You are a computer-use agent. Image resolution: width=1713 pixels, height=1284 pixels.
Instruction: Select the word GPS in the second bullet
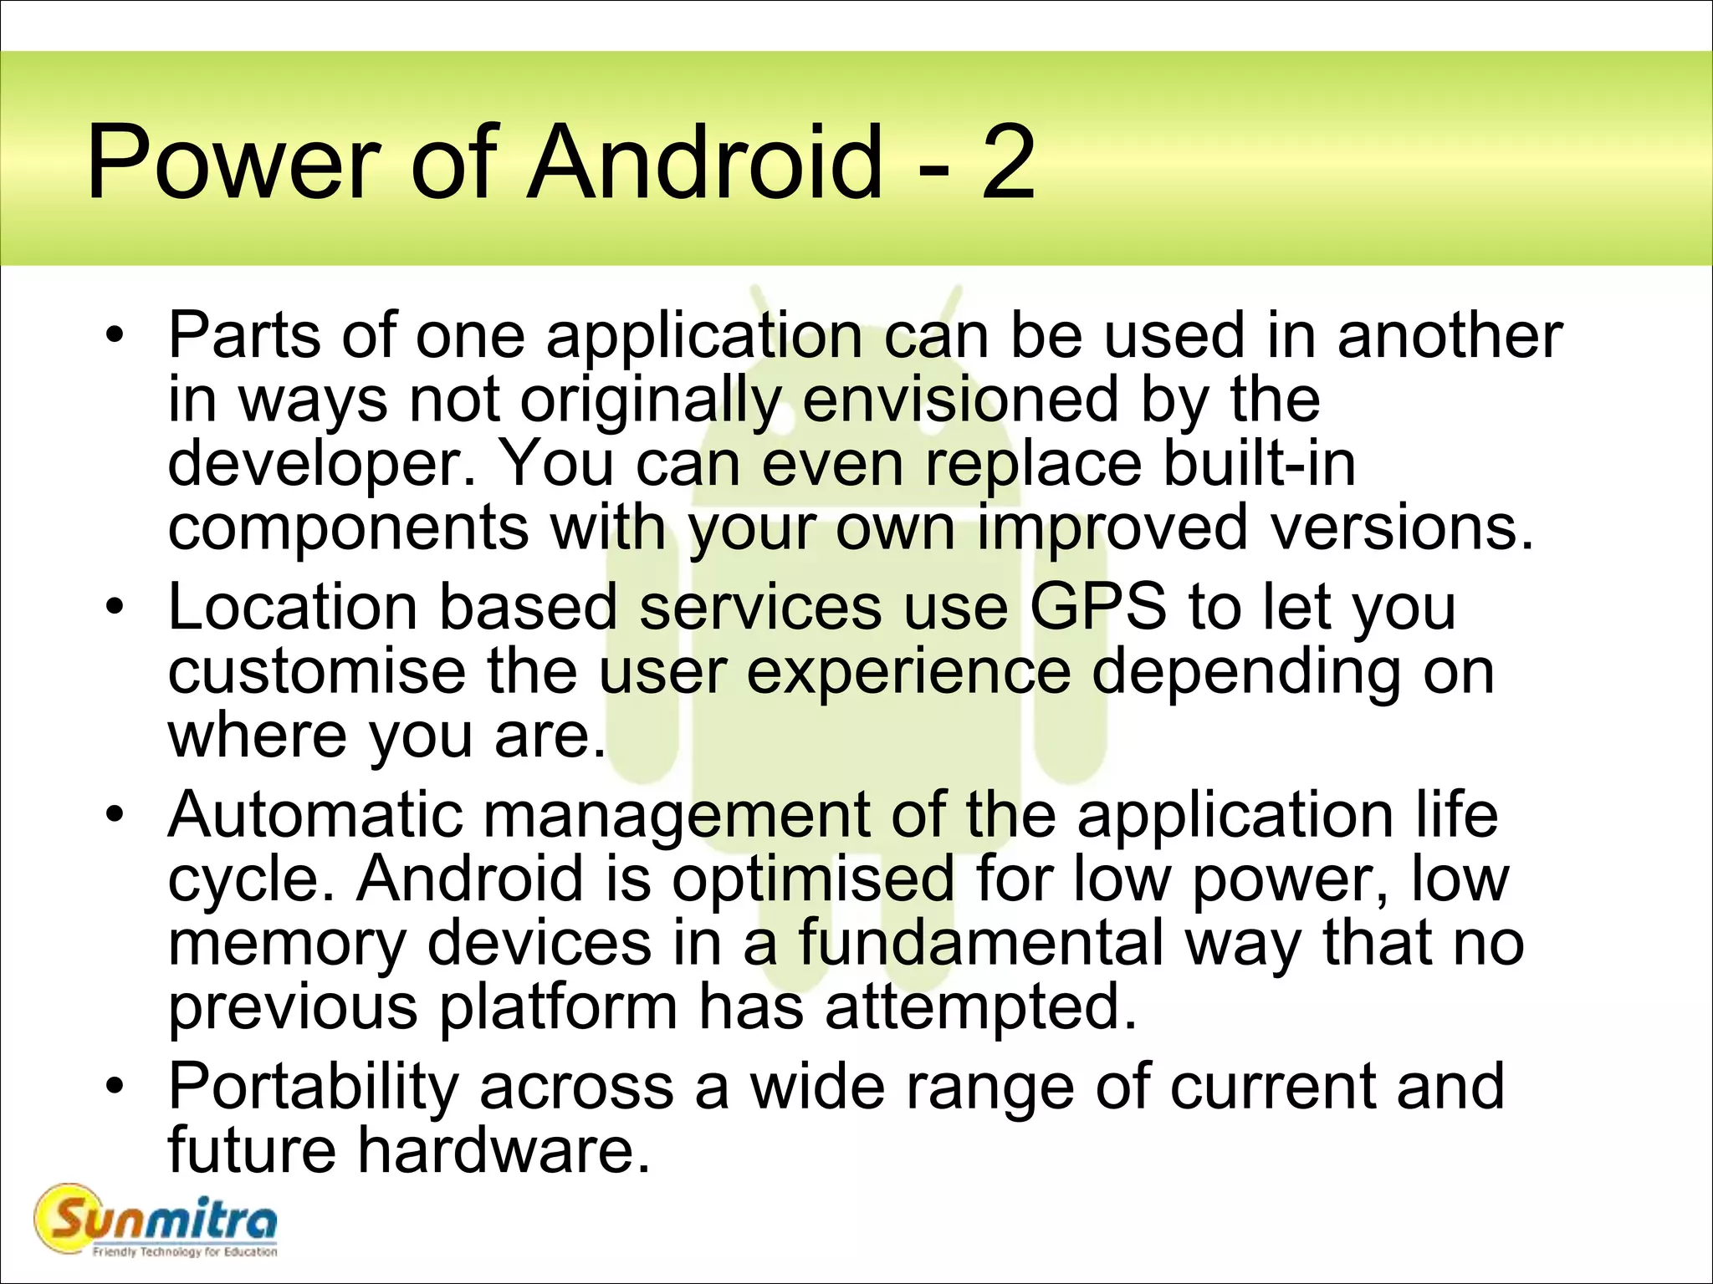click(x=1097, y=606)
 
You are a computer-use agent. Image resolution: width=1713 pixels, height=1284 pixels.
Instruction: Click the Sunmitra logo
click(x=156, y=1220)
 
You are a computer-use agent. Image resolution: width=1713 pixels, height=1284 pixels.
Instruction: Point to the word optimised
click(x=813, y=879)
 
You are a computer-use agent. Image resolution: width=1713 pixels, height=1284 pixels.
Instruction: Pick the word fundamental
click(x=980, y=942)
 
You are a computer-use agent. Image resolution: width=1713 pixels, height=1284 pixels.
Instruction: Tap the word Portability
click(x=313, y=1086)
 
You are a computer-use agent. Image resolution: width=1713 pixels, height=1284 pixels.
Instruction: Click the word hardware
click(x=504, y=1150)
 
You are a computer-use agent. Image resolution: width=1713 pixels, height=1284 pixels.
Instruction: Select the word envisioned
click(x=960, y=400)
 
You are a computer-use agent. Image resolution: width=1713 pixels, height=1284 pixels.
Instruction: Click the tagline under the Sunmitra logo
click(x=184, y=1251)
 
